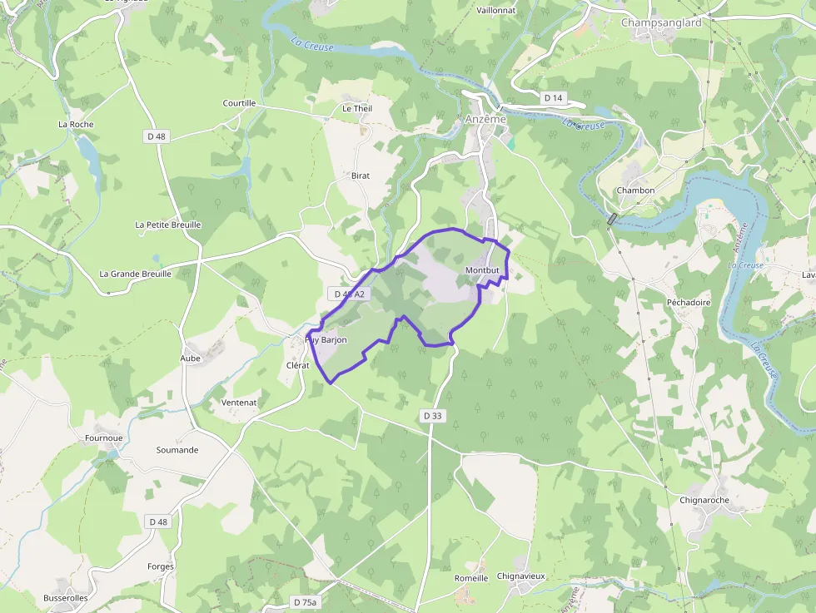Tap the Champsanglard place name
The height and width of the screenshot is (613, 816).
tap(661, 22)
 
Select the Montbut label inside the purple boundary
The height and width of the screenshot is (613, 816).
tap(482, 271)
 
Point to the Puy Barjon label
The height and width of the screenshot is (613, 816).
tap(326, 340)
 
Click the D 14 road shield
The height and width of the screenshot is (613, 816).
tap(554, 98)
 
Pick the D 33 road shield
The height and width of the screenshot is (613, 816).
tap(432, 416)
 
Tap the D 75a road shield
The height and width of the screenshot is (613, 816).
tap(306, 601)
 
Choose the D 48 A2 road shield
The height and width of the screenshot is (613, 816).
tap(349, 294)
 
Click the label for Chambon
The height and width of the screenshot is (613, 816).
tap(635, 190)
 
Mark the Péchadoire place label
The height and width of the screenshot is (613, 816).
tap(689, 303)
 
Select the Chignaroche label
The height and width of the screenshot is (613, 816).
tap(704, 501)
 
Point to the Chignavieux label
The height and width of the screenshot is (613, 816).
tap(520, 576)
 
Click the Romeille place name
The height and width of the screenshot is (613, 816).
tap(471, 578)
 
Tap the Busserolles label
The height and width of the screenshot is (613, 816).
tap(66, 598)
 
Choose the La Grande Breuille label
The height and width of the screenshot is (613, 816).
tap(135, 274)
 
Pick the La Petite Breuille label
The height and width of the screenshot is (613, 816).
tap(168, 225)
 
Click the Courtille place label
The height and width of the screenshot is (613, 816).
tap(239, 103)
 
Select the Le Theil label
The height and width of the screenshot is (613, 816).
tap(357, 109)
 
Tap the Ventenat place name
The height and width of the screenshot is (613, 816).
tap(239, 403)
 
